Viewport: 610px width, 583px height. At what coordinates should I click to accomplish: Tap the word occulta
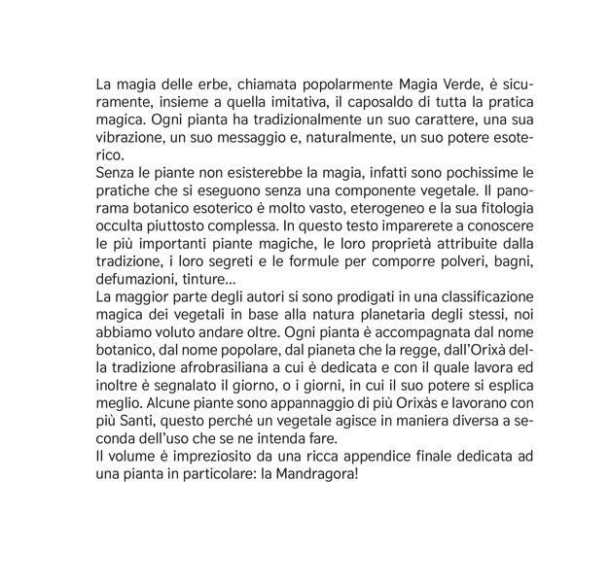tap(123, 225)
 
